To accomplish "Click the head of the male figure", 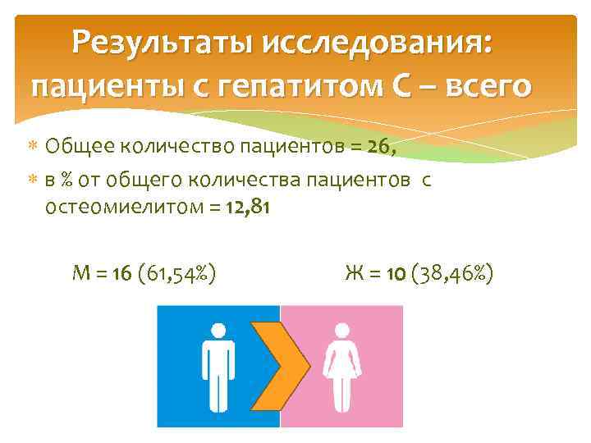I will (x=218, y=331).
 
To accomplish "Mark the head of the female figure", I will (x=341, y=331).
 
